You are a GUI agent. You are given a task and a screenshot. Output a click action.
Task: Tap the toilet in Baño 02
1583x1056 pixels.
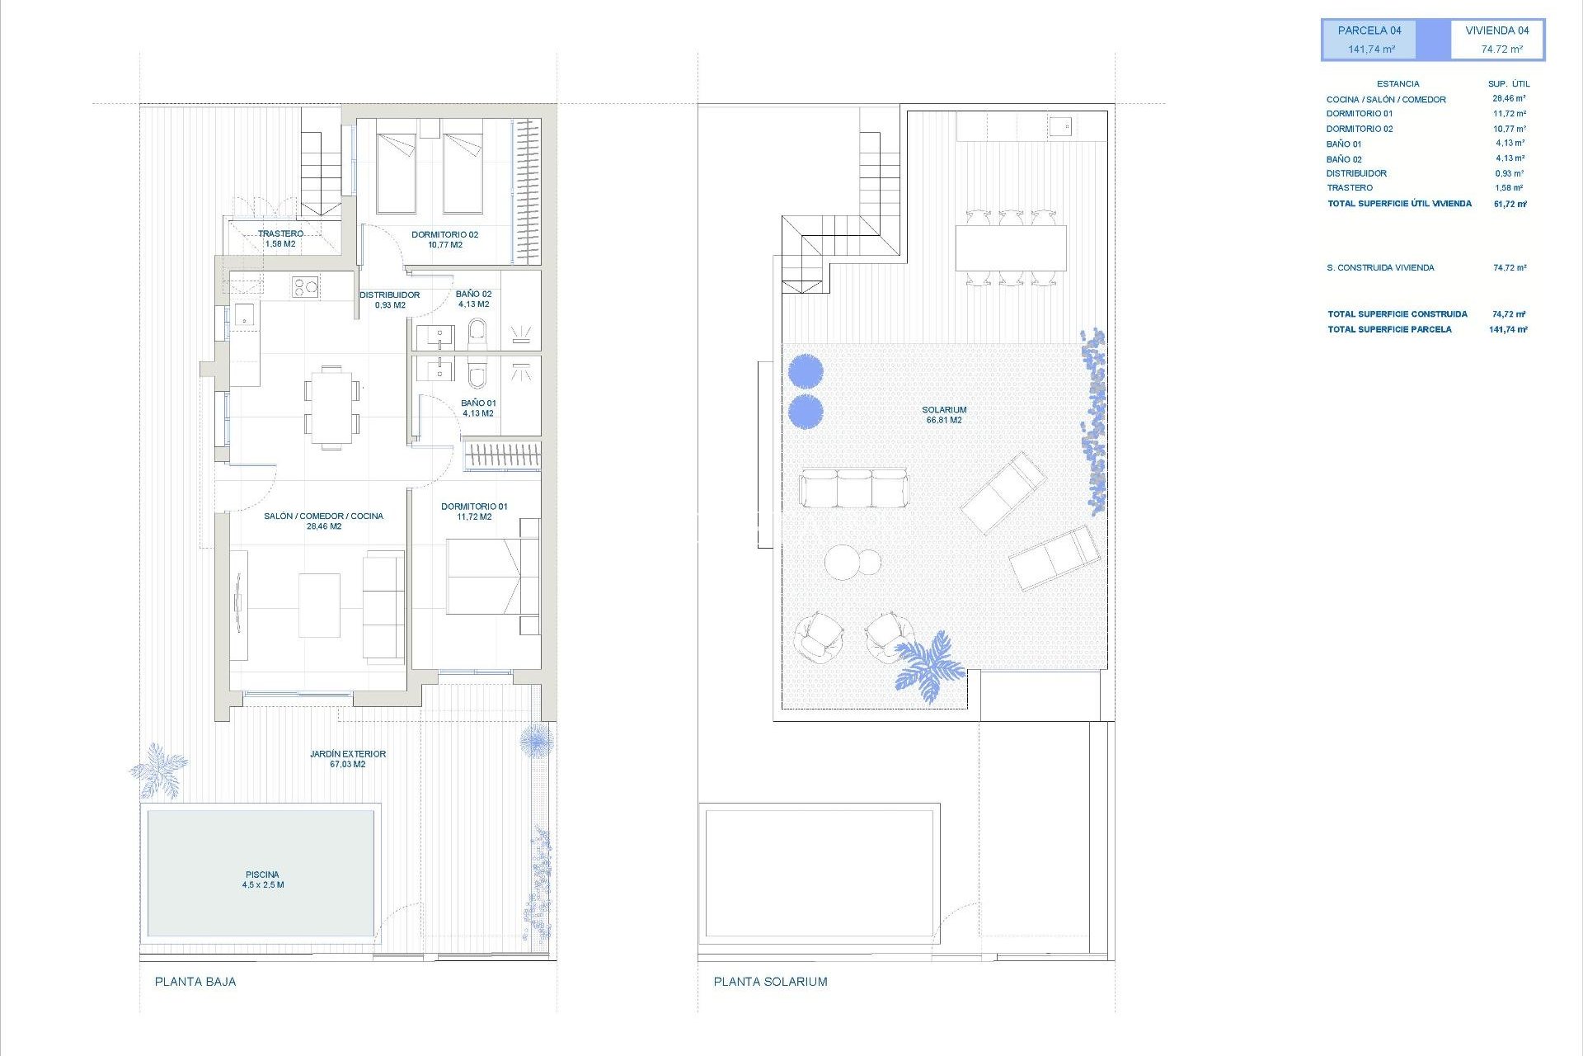477,335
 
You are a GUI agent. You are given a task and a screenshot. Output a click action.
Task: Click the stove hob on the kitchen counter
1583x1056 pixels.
305,287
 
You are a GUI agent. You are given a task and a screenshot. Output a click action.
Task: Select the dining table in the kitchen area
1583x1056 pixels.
331,408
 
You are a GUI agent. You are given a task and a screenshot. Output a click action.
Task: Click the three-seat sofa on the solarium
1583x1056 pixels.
853,488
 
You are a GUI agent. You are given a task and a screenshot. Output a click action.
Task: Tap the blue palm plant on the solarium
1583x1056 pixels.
929,666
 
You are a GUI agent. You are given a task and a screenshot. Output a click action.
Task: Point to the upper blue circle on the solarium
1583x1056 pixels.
806,371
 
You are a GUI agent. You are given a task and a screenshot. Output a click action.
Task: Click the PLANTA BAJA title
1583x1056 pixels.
195,982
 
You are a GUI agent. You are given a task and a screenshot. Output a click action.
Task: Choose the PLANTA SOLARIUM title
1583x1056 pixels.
770,982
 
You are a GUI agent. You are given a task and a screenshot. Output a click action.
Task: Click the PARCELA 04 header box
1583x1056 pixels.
1369,40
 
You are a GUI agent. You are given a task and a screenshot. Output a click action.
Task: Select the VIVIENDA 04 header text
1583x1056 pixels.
1496,31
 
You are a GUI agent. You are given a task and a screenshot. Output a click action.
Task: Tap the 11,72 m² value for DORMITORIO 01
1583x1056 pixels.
1509,114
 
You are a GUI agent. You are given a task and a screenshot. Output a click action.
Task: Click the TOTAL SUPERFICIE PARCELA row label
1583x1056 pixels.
1389,329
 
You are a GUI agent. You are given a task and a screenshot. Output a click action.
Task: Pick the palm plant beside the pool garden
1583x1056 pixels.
159,771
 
